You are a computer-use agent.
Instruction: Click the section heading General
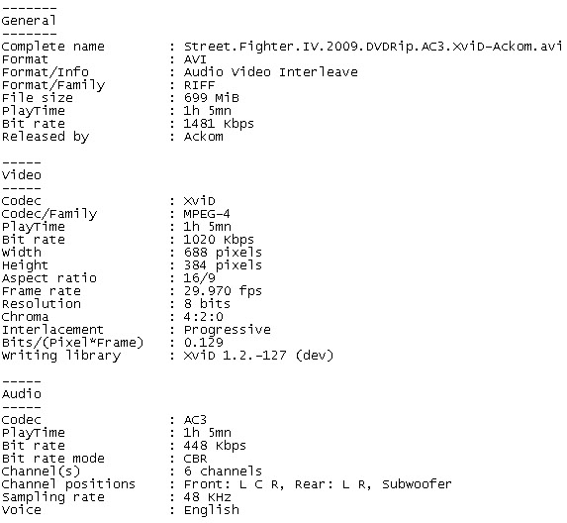coord(29,21)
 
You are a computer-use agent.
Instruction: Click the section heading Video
coord(22,175)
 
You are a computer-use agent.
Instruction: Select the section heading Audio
coord(22,394)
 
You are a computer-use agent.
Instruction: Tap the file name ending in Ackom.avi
coord(372,47)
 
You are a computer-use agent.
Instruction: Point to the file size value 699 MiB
coord(211,98)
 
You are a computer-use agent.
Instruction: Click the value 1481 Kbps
coord(219,124)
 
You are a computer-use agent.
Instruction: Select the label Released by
coord(46,137)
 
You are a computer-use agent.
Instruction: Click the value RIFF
coord(199,85)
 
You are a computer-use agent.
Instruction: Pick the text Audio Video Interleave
coord(271,72)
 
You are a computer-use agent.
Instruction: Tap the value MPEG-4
coord(207,214)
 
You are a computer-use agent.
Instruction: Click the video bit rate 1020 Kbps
coord(219,240)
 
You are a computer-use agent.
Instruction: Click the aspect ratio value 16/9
coord(199,278)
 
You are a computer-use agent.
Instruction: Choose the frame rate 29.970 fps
coord(223,291)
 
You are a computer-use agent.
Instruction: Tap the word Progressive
coord(227,330)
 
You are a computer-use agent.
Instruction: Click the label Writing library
coord(60,356)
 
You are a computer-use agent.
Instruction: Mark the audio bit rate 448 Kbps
coord(215,446)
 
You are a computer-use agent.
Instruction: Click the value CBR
coord(195,459)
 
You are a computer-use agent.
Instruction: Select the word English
coord(211,510)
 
